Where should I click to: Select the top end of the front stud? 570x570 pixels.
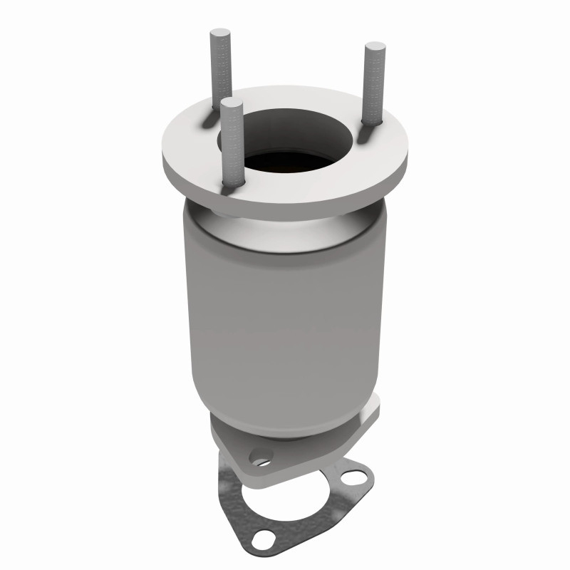pos(229,104)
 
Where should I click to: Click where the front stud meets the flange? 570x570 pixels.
pos(230,187)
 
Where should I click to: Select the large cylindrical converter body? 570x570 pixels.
pos(285,306)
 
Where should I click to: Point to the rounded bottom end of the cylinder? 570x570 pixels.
pos(285,413)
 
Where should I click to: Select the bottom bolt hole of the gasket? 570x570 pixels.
pos(265,537)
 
